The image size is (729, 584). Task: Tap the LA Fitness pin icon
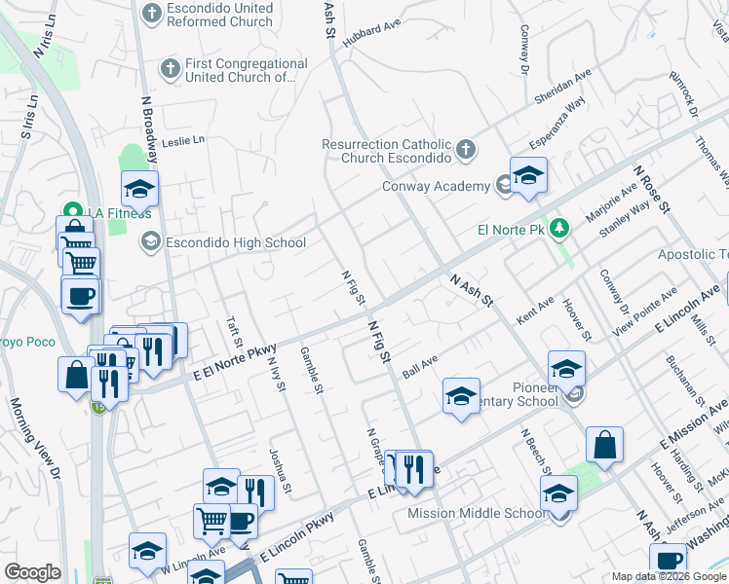(x=71, y=211)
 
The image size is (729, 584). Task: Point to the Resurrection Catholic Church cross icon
(x=466, y=150)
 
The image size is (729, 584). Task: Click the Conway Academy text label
(x=435, y=187)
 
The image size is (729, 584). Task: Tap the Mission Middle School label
(x=476, y=514)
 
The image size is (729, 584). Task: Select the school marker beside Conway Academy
(x=528, y=175)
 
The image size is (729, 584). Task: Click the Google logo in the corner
(x=33, y=573)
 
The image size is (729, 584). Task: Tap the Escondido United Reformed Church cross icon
(x=151, y=13)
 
